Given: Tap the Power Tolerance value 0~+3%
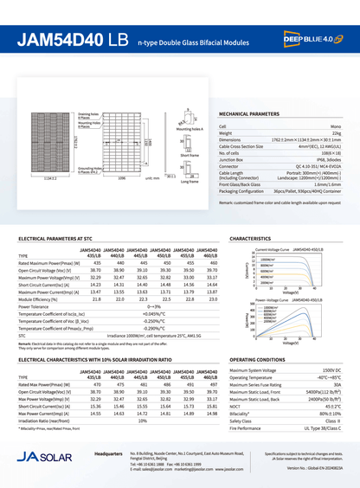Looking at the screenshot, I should click(x=154, y=305).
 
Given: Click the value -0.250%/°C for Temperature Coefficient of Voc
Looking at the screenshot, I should click(x=154, y=321).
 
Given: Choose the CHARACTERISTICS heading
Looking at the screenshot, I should click(x=251, y=237).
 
